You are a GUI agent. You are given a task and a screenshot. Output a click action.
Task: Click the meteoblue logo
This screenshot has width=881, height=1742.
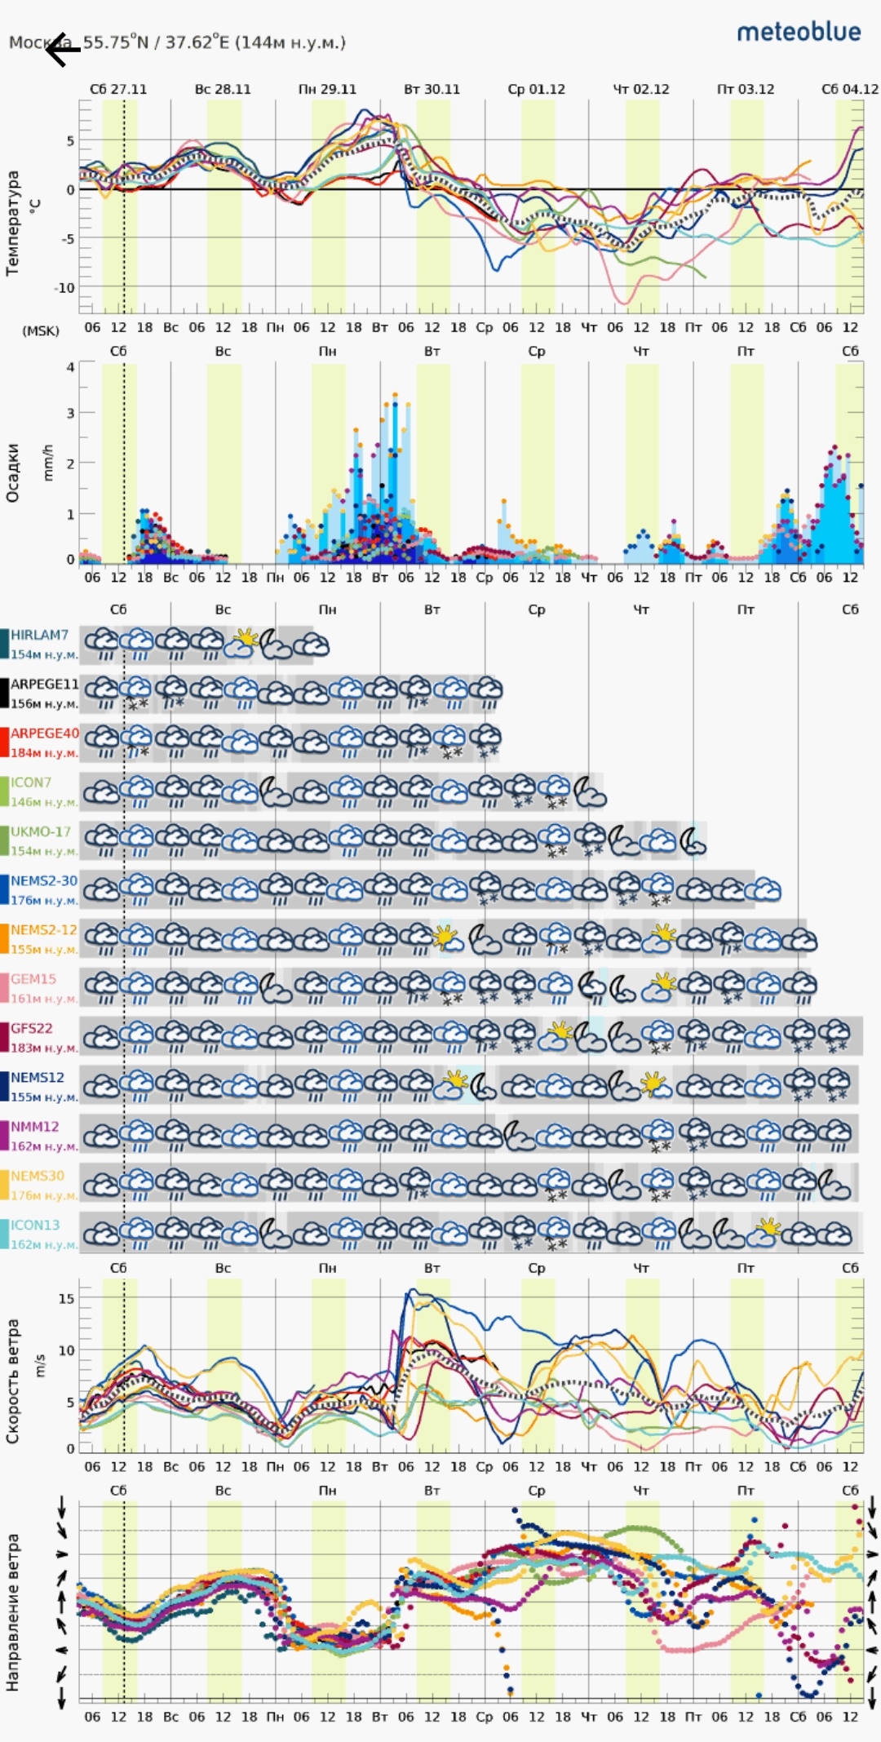[x=799, y=32]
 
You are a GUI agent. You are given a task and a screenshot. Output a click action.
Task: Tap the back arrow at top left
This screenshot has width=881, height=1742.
[x=62, y=51]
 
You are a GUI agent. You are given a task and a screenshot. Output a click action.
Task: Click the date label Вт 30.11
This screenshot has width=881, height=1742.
[x=432, y=89]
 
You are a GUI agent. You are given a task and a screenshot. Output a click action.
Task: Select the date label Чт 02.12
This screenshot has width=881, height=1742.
[x=640, y=89]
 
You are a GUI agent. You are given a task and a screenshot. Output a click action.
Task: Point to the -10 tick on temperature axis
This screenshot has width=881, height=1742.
[x=64, y=288]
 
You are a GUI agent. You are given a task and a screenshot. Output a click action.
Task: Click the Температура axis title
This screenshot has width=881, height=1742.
[x=12, y=222]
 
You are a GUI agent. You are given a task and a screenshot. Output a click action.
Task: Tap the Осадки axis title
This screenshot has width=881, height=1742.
[x=12, y=472]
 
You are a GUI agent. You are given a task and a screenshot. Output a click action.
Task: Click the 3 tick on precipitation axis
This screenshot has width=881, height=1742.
[x=70, y=414]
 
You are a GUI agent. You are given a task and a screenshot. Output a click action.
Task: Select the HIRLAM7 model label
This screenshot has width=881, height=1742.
[x=39, y=635]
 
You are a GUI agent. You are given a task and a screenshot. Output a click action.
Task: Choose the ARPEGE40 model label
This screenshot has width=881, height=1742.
[x=44, y=734]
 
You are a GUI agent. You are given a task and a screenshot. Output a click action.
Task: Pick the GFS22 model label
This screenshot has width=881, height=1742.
[x=31, y=1028]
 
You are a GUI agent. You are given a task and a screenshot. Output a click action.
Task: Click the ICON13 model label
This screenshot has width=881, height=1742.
[x=35, y=1225]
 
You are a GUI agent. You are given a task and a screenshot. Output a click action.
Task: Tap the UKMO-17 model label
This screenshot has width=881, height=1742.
[x=40, y=831]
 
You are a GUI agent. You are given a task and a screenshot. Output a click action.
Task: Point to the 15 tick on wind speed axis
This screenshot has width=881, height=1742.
[x=66, y=1298]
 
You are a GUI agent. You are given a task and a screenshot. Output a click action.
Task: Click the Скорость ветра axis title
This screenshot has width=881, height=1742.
[x=12, y=1381]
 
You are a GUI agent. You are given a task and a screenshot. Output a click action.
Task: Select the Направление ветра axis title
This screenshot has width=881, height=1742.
[x=12, y=1611]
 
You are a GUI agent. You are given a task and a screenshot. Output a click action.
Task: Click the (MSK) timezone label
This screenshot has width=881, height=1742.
[x=41, y=330]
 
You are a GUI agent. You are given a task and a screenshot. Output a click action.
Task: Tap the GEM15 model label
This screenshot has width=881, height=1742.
[x=33, y=979]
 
